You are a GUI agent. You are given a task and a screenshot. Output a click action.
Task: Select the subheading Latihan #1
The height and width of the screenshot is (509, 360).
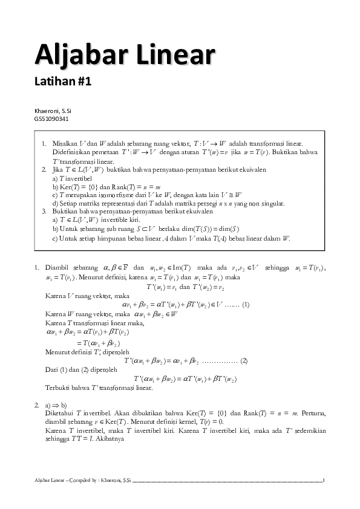click(x=63, y=82)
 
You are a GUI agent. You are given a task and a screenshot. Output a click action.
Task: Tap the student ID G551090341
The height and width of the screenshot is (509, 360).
click(x=51, y=118)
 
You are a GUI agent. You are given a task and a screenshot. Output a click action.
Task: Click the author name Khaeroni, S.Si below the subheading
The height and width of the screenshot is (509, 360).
click(x=53, y=111)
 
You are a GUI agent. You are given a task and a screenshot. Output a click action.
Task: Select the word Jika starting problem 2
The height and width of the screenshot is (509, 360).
click(x=58, y=170)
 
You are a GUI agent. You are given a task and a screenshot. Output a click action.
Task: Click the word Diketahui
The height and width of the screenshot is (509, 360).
click(x=60, y=413)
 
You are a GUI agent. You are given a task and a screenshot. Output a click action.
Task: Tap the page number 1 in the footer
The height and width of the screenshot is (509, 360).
click(x=324, y=481)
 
